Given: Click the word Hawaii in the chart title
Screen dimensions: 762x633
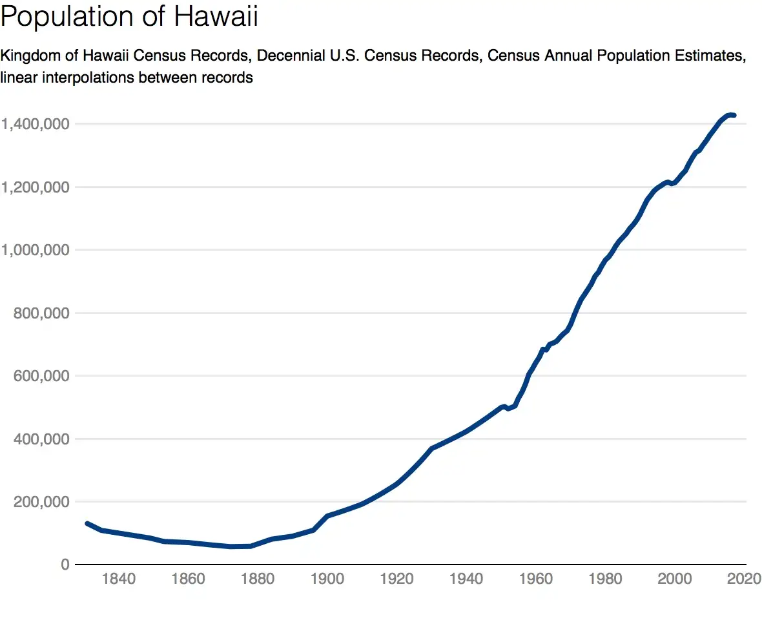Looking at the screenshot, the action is pyautogui.click(x=216, y=16).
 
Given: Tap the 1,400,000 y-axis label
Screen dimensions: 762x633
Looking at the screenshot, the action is pyautogui.click(x=35, y=125).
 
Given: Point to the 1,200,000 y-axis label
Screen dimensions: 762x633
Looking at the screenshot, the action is pyautogui.click(x=35, y=187).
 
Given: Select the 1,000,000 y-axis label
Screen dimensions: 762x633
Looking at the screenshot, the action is pyautogui.click(x=35, y=250).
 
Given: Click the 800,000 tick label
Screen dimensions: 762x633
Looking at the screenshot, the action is pyautogui.click(x=41, y=313).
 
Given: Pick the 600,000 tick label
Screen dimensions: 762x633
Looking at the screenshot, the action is pyautogui.click(x=41, y=376).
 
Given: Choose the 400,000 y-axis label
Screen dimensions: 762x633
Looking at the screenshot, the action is pyautogui.click(x=41, y=439).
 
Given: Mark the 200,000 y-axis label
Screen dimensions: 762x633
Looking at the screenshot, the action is pyautogui.click(x=41, y=502).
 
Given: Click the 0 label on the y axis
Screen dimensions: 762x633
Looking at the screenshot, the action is pyautogui.click(x=65, y=565).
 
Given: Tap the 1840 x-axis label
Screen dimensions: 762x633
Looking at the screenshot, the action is pyautogui.click(x=119, y=579).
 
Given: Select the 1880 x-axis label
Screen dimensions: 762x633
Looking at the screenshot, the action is pyautogui.click(x=258, y=579).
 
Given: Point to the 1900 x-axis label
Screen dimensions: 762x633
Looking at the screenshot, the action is pyautogui.click(x=327, y=579).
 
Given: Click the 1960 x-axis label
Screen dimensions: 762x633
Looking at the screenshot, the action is pyautogui.click(x=535, y=579).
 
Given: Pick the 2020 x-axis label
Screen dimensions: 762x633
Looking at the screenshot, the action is pyautogui.click(x=744, y=579).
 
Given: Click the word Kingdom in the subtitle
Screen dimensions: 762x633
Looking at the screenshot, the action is pyautogui.click(x=30, y=56).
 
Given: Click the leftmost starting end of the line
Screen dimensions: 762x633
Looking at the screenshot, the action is pyautogui.click(x=87, y=524).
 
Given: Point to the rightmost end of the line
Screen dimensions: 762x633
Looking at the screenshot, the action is pyautogui.click(x=734, y=115).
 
